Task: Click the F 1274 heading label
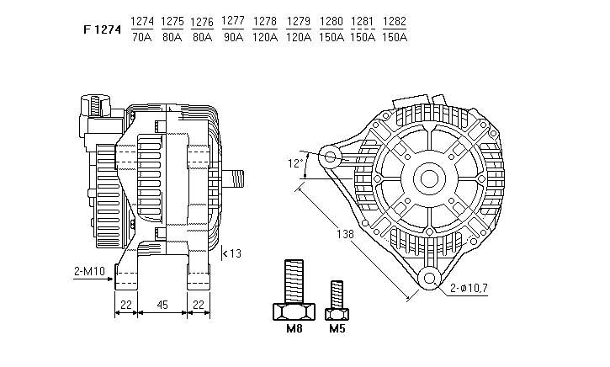point(103,29)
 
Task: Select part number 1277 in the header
point(232,21)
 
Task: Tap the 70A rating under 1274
point(142,37)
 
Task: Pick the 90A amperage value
point(233,37)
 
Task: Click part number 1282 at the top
point(395,21)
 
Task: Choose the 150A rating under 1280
point(332,37)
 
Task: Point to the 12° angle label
point(295,163)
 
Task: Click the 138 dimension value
point(346,234)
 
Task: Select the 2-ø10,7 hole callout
point(469,288)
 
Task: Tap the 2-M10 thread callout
point(89,271)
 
